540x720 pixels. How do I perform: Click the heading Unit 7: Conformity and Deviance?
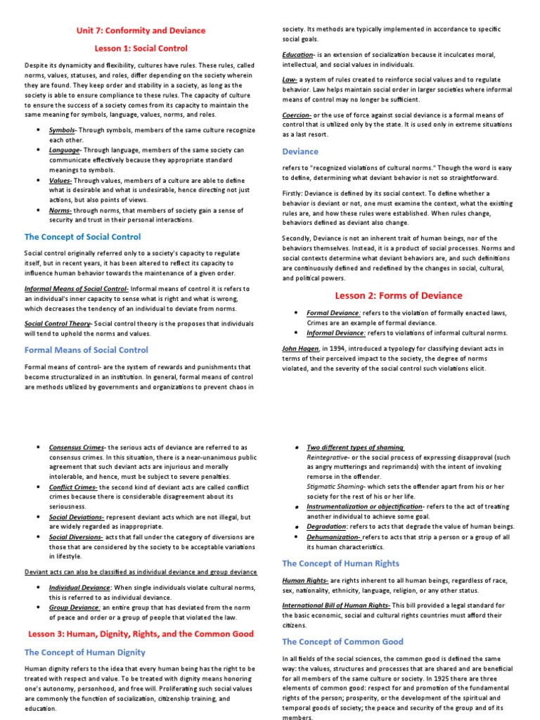(141, 30)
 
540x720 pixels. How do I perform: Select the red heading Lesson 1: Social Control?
(141, 49)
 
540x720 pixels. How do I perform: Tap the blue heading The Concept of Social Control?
(84, 236)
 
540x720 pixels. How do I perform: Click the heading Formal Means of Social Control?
(86, 349)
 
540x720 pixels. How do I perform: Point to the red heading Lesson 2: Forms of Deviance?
(398, 295)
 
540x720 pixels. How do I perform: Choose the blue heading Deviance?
(300, 151)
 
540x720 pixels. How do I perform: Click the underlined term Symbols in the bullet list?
(62, 131)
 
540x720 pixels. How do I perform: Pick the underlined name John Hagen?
(300, 348)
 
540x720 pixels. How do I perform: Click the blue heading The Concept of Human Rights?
(340, 563)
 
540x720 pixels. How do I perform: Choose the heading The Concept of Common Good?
(342, 641)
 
